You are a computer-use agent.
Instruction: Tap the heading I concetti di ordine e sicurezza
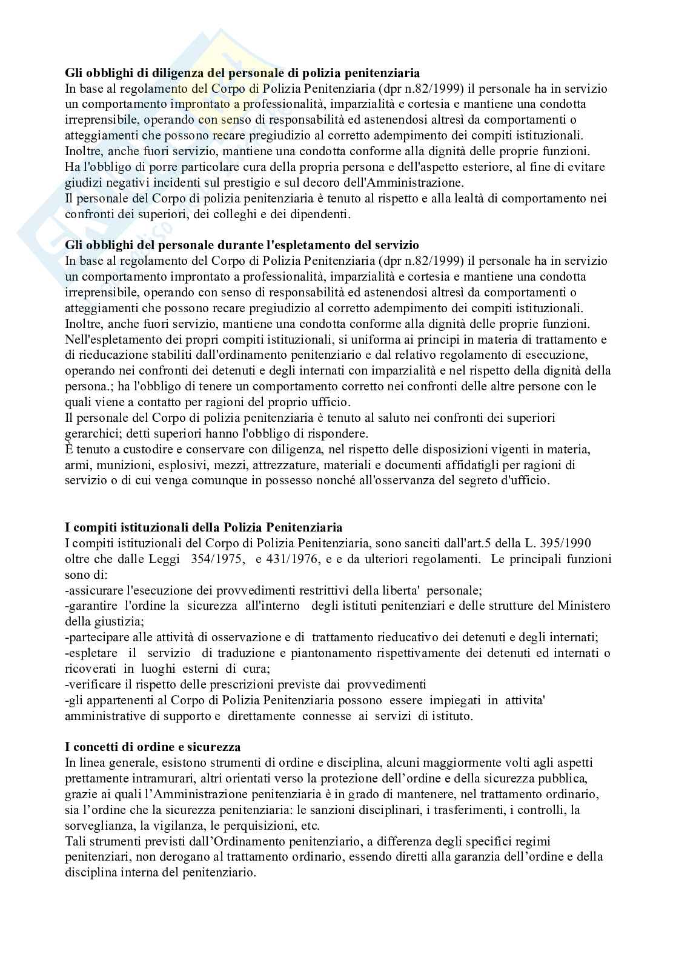153,747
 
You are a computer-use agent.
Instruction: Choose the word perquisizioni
259,825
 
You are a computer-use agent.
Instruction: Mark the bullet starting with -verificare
245,684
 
